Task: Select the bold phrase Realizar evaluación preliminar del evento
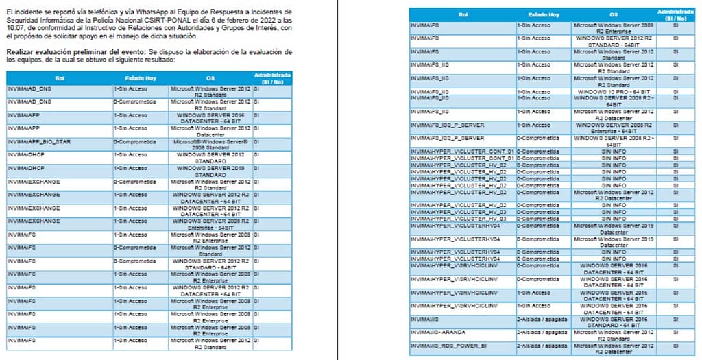pyautogui.click(x=75, y=52)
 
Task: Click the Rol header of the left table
pyautogui.click(x=60, y=78)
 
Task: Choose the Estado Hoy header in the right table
pyautogui.click(x=544, y=14)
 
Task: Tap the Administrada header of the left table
pyautogui.click(x=272, y=77)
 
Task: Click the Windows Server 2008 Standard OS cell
pyautogui.click(x=210, y=144)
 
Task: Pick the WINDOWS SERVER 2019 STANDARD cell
pyautogui.click(x=210, y=171)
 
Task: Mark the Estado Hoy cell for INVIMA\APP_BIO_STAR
pyautogui.click(x=135, y=141)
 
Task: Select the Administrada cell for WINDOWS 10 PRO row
pyautogui.click(x=675, y=91)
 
